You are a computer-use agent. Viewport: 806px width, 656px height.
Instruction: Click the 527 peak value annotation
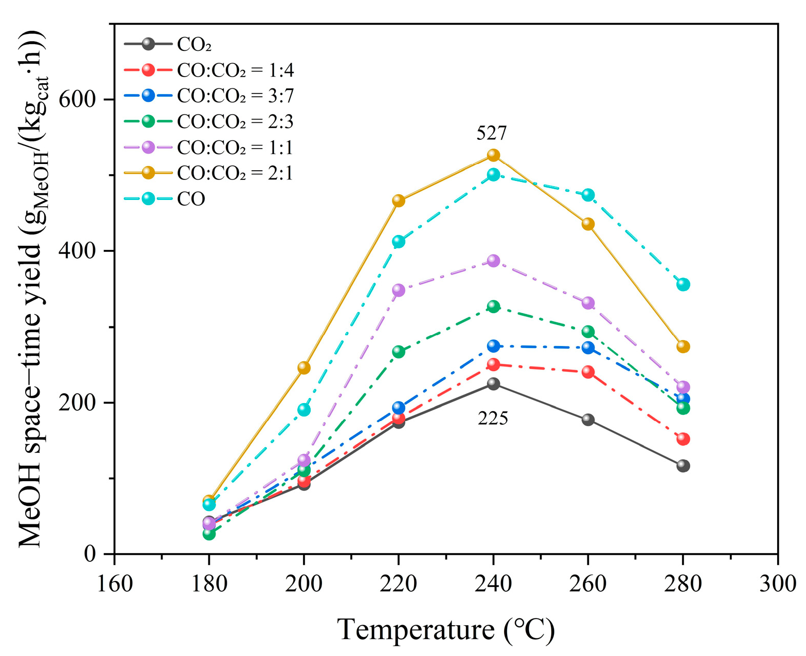492,134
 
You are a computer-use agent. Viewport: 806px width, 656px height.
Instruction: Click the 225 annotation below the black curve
493,418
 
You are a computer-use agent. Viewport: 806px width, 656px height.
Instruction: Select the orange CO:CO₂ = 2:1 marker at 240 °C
493,155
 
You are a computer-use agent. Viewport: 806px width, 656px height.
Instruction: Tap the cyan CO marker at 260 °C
588,195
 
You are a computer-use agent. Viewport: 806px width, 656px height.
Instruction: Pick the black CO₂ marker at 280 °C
683,466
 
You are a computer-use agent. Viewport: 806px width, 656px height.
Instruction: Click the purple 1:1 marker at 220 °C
399,290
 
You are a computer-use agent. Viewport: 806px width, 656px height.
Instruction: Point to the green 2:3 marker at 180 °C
209,534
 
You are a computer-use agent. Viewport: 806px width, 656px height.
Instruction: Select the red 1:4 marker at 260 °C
588,372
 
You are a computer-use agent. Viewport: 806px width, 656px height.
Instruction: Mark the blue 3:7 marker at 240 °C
493,346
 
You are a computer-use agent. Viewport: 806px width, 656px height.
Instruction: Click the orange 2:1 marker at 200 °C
304,368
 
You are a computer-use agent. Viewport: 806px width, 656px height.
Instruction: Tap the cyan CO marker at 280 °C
683,284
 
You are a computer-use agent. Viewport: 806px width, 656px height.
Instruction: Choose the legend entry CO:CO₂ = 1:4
235,70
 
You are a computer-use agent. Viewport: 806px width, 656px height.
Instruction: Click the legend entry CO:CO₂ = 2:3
235,121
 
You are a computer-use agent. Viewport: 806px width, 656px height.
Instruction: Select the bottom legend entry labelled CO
191,199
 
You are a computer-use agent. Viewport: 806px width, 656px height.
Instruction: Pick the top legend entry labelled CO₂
194,45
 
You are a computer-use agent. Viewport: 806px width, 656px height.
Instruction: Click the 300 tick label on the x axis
777,584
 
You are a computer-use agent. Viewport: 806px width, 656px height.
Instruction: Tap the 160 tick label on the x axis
114,584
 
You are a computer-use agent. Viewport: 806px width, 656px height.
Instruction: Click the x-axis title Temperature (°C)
446,630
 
